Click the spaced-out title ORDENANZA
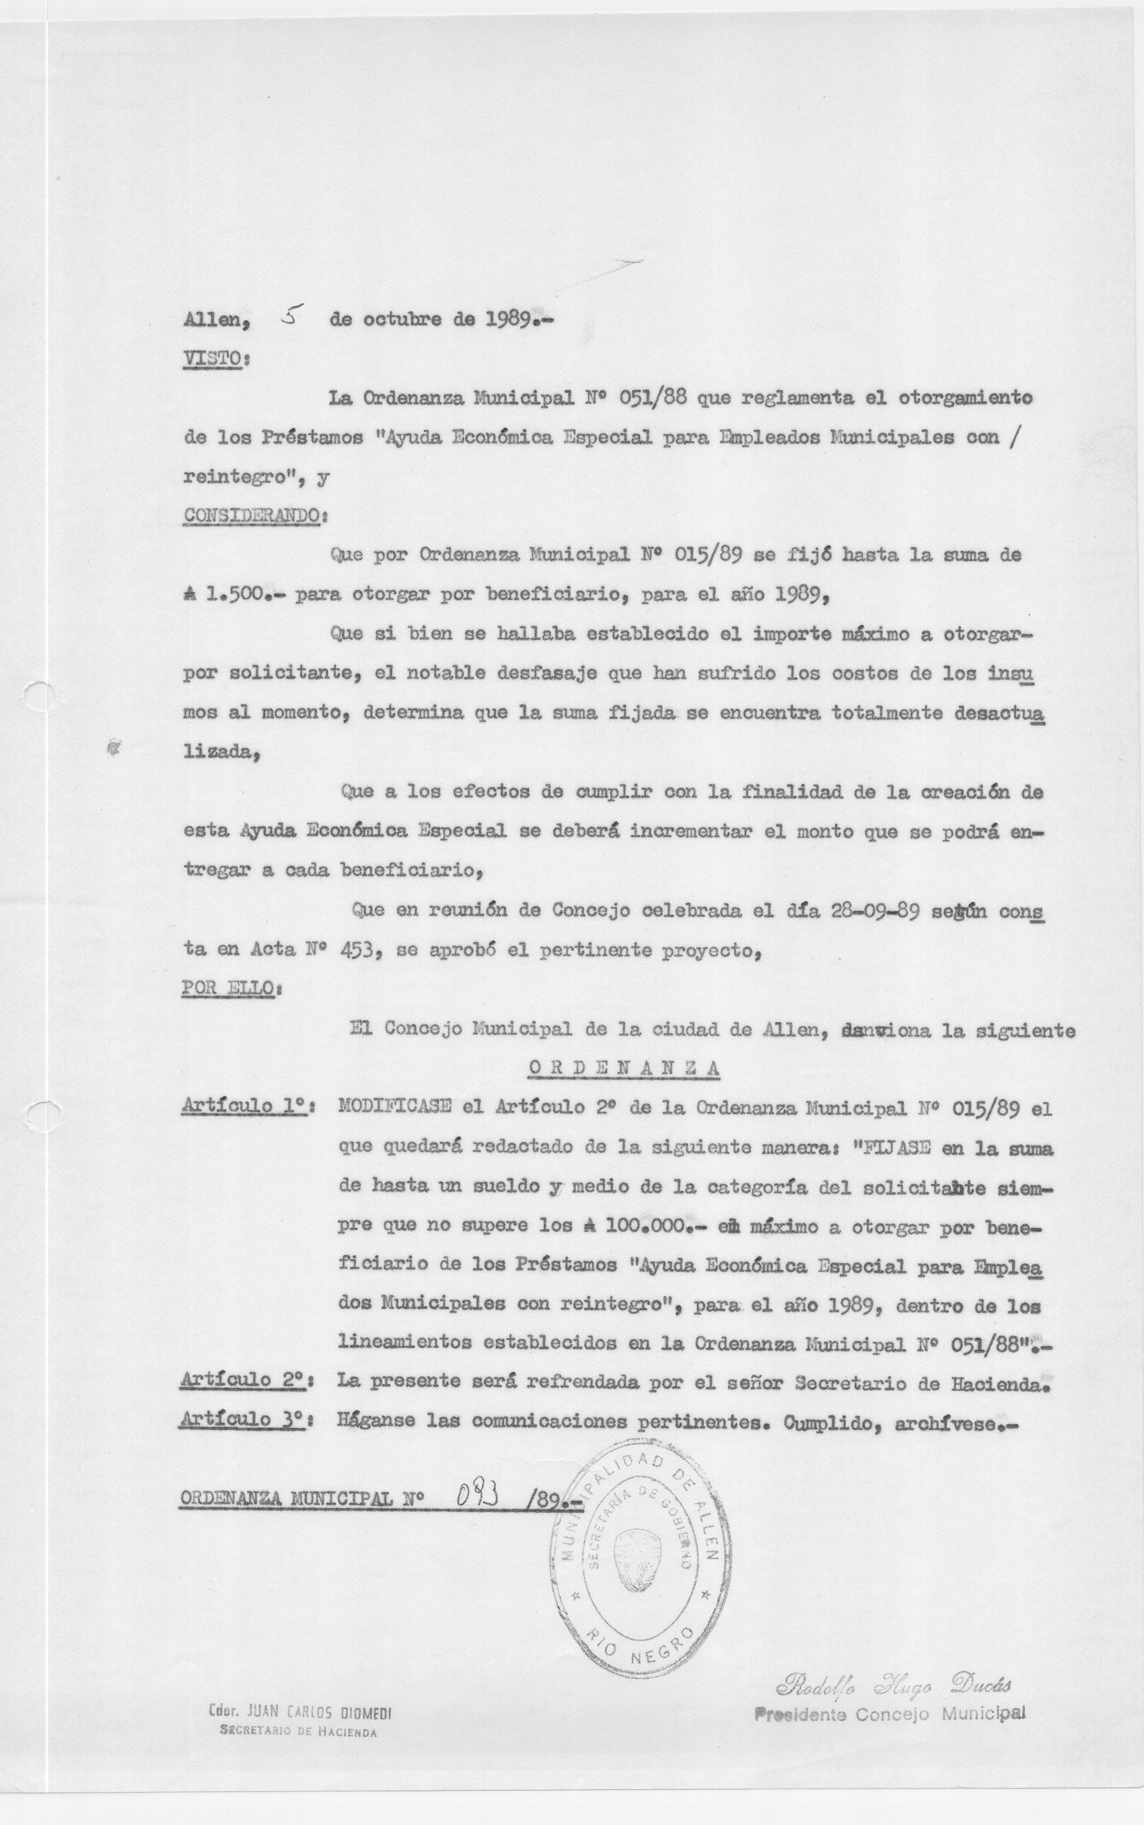[x=623, y=1067]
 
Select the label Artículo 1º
[x=245, y=1106]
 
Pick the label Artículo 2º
[x=245, y=1380]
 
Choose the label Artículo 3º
[x=245, y=1419]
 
